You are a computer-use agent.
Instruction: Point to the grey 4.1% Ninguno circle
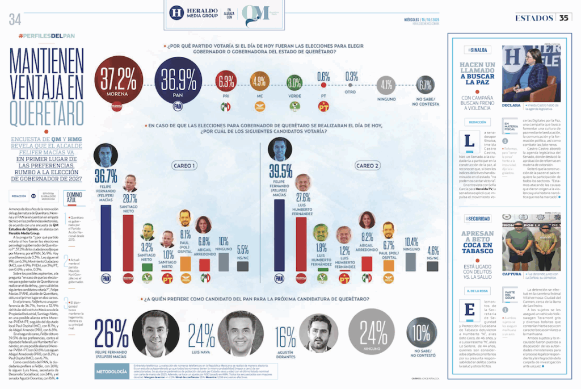point(387,85)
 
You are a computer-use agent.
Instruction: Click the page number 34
point(15,19)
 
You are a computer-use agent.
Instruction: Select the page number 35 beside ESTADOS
point(564,18)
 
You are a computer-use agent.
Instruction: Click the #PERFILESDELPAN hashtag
point(47,36)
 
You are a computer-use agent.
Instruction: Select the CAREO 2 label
point(367,165)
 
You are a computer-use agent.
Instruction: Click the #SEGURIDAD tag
point(479,219)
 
